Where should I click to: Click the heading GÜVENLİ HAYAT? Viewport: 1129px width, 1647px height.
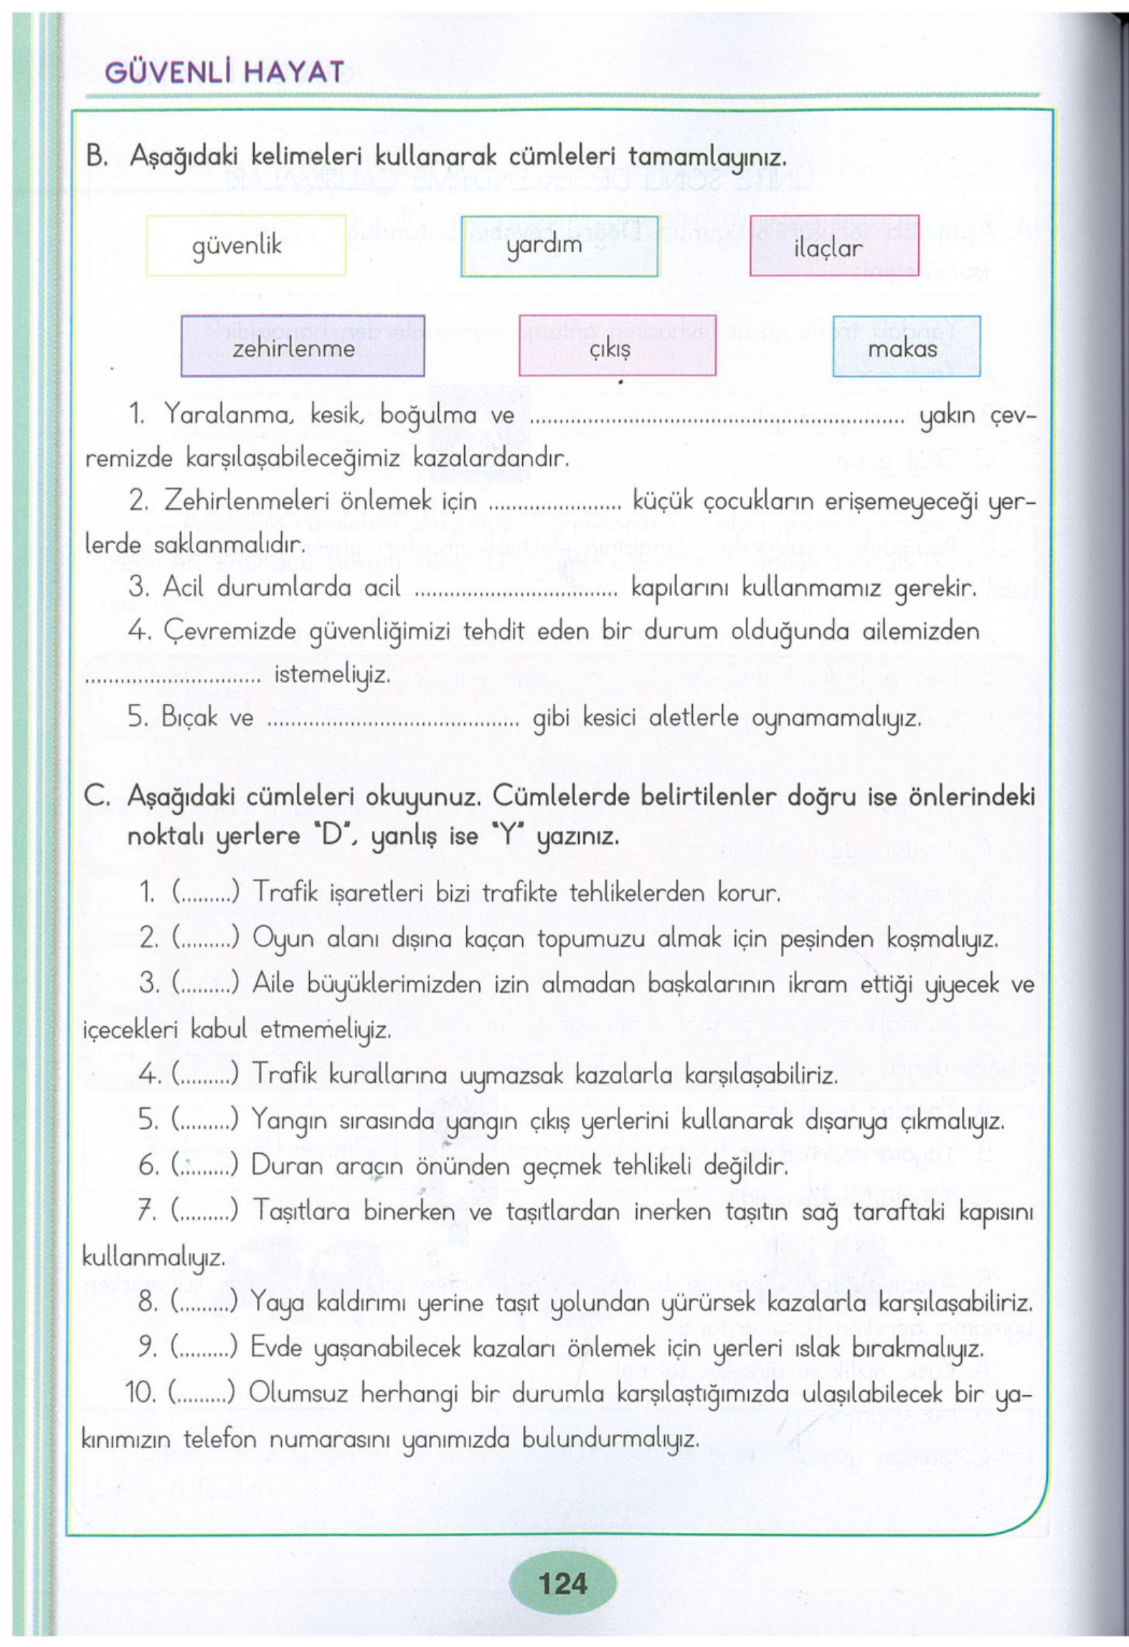coord(225,72)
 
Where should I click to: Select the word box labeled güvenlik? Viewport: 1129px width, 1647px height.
coord(246,245)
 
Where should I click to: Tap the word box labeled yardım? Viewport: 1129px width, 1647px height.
coord(559,246)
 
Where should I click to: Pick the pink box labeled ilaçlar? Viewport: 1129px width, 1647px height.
coord(833,246)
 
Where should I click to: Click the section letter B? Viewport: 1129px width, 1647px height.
coord(96,156)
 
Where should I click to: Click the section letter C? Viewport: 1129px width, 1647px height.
coord(96,796)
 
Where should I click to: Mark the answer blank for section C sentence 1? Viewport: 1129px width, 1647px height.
coord(205,893)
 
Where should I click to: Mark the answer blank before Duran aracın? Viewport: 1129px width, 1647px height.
coord(205,1165)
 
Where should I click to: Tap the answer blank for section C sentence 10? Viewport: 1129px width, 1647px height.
coord(202,1393)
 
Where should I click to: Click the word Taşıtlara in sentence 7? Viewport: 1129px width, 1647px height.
coord(301,1211)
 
